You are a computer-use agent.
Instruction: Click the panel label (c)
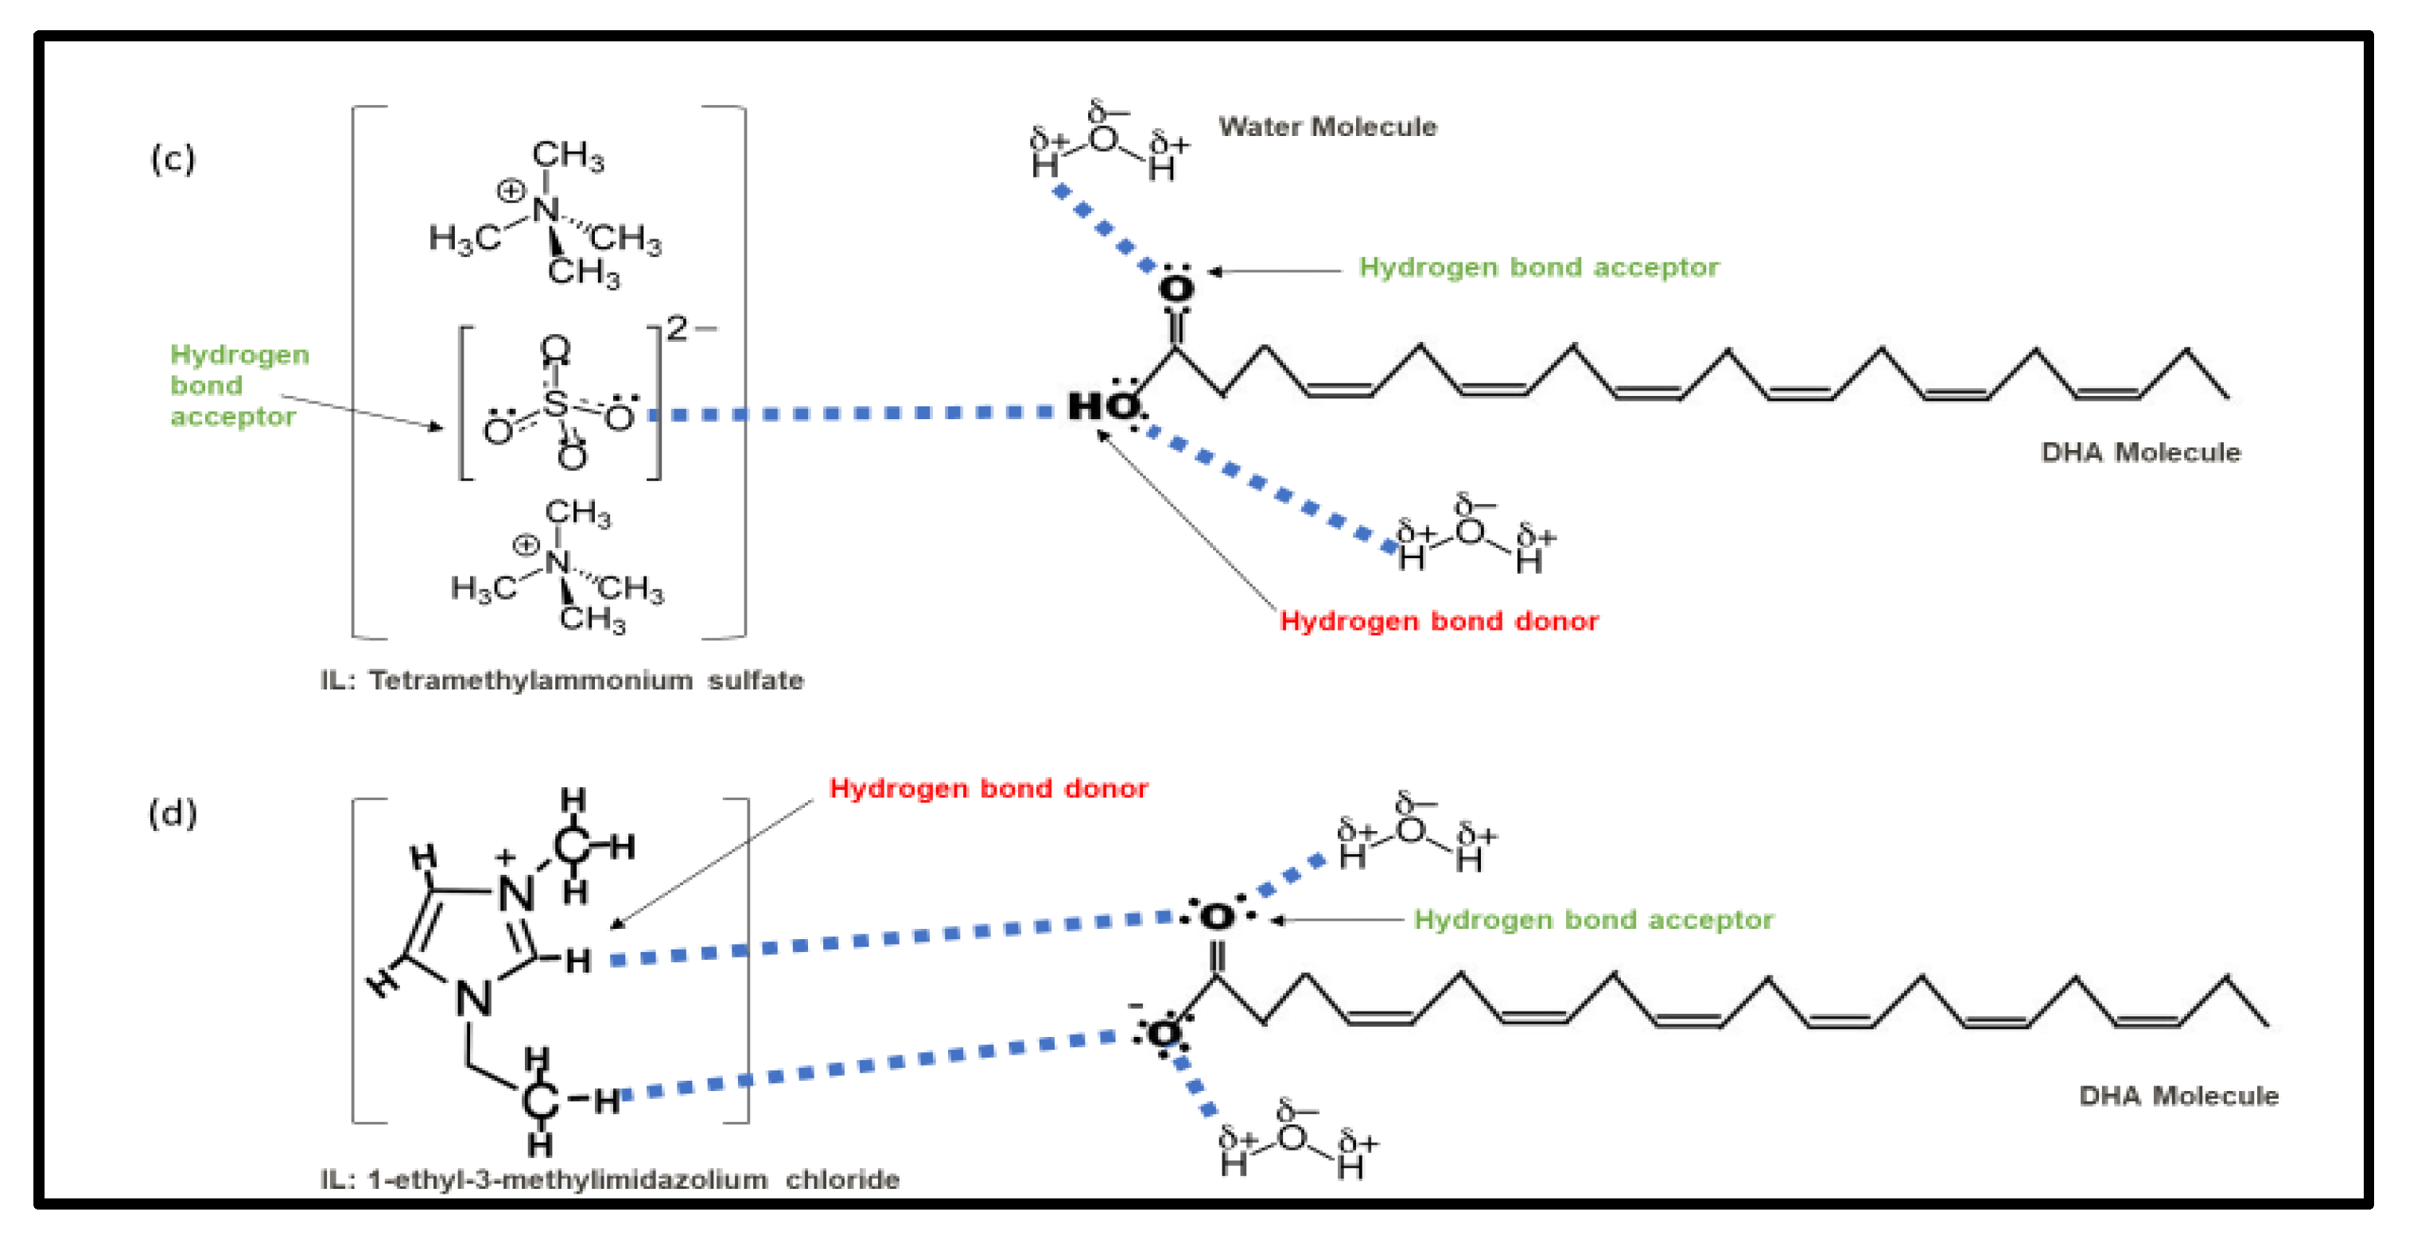point(173,158)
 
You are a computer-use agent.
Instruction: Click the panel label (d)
point(173,813)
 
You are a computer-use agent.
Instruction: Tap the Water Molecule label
point(1327,126)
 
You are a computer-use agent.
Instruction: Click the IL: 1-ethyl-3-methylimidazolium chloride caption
point(609,1179)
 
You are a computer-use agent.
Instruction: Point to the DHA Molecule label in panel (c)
point(2139,452)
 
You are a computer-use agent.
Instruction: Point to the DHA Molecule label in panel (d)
point(2178,1095)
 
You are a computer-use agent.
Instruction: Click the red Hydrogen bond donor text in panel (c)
point(1439,620)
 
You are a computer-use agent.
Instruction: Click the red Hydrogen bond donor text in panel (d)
point(988,788)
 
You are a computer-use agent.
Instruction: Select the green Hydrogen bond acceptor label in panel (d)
point(1593,918)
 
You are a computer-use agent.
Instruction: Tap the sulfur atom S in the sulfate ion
point(555,403)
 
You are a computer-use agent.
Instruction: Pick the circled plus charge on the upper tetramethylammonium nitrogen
point(511,191)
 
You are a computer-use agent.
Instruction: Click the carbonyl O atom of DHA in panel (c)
point(1176,289)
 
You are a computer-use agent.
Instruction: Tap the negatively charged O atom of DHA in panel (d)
point(1164,1034)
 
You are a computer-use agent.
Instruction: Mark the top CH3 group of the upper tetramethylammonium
point(568,155)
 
